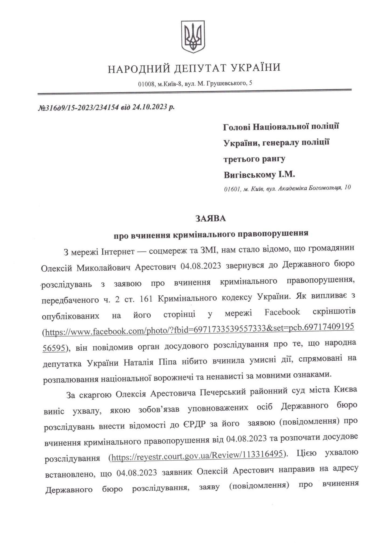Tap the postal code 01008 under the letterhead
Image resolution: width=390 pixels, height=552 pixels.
[x=146, y=84]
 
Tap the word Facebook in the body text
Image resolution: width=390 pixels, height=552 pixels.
[x=282, y=312]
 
